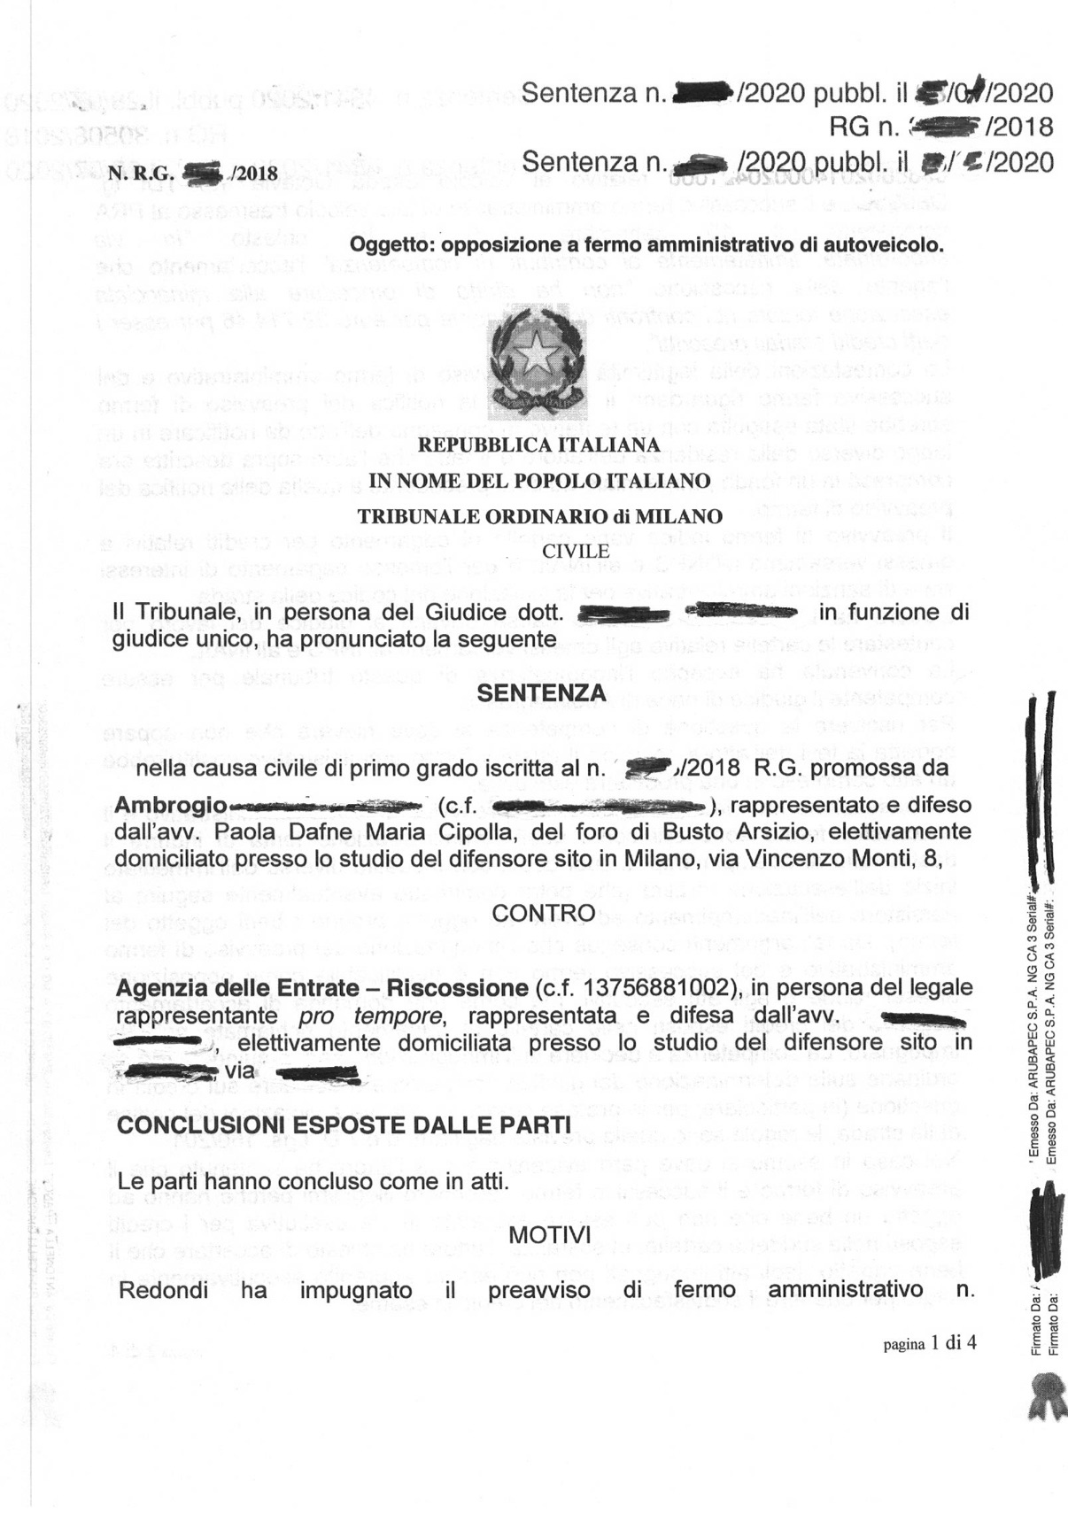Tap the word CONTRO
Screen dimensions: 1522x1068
543,913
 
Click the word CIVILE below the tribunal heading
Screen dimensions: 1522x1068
540,550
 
